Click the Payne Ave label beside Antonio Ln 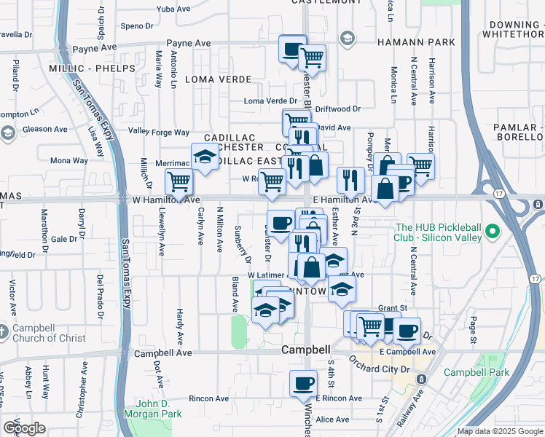tap(188, 44)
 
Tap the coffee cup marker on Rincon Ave tap(303, 383)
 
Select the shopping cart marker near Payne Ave tap(312, 57)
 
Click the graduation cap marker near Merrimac tap(205, 157)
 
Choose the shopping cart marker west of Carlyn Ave tap(179, 182)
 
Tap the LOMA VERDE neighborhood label tap(219, 79)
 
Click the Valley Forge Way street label tap(159, 132)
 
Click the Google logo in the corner tap(24, 428)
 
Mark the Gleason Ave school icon tap(8, 133)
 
